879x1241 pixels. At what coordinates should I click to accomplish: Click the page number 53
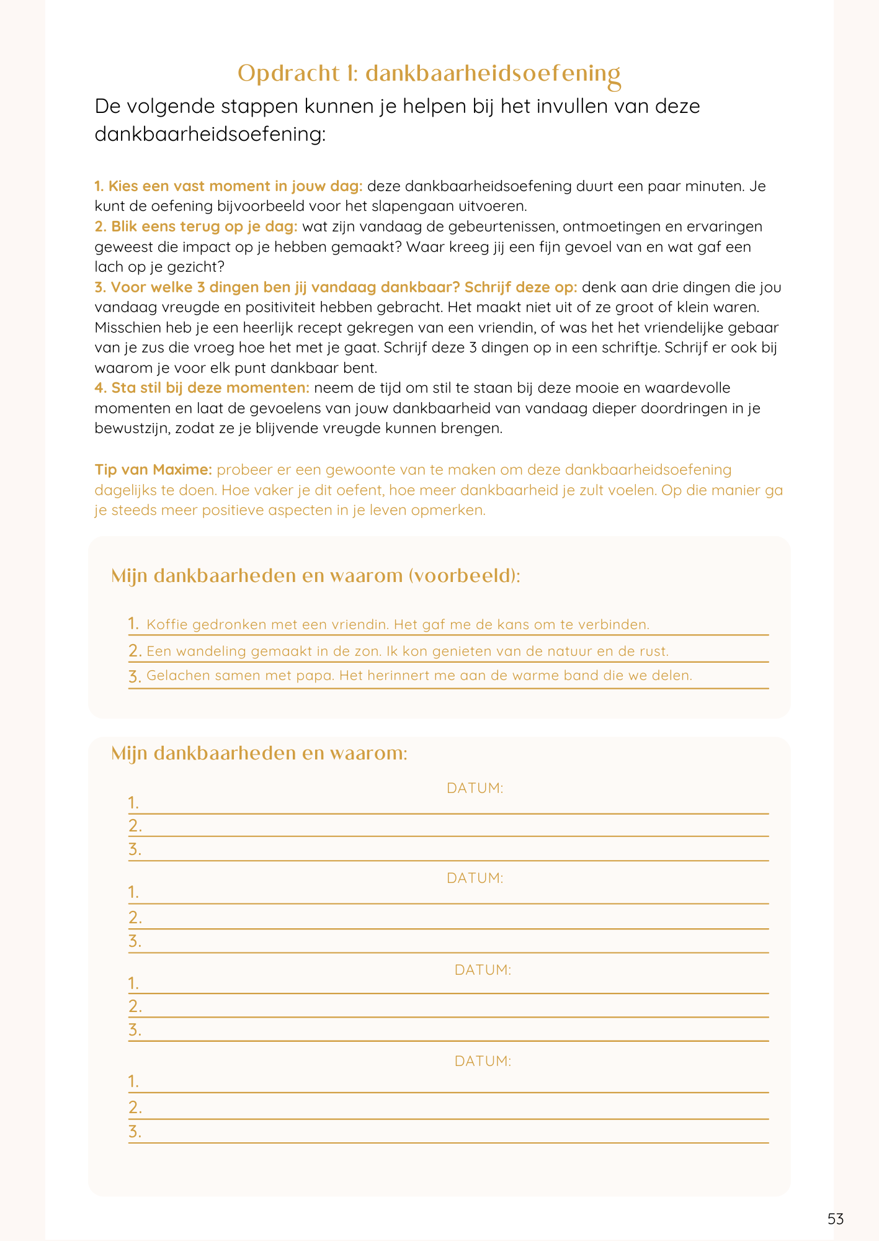pyautogui.click(x=835, y=1219)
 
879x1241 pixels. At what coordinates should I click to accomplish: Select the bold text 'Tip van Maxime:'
pyautogui.click(x=154, y=470)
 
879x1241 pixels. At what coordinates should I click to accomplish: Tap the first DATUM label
pyautogui.click(x=475, y=788)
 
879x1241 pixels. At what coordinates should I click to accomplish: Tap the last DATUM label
pyautogui.click(x=483, y=1061)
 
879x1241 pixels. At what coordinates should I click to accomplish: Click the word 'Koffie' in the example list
pyautogui.click(x=167, y=624)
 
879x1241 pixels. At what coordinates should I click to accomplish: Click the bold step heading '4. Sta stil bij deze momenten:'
pyautogui.click(x=202, y=388)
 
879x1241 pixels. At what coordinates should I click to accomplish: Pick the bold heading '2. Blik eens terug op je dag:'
pyautogui.click(x=196, y=226)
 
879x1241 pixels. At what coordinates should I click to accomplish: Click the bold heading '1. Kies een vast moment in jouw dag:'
pyautogui.click(x=228, y=186)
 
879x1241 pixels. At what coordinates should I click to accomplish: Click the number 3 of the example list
pyautogui.click(x=134, y=676)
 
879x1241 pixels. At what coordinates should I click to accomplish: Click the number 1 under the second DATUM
pyautogui.click(x=133, y=893)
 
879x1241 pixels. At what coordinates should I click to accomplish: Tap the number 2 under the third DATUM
pyautogui.click(x=134, y=1006)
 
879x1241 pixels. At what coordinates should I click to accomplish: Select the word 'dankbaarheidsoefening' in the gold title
pyautogui.click(x=493, y=74)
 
